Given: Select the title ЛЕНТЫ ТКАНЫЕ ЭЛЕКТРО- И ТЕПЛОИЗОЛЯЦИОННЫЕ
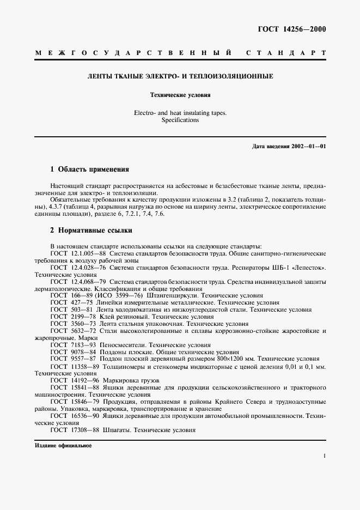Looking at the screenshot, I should tap(180, 77).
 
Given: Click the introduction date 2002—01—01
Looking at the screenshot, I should tap(308, 147).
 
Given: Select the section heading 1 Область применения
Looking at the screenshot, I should tap(89, 169).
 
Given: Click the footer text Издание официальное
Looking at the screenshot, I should tap(63, 445).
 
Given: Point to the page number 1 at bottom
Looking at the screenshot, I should tap(324, 457).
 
